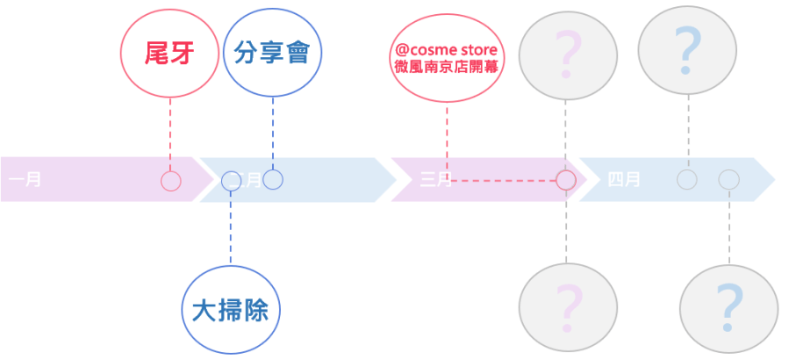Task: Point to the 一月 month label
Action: coord(25,180)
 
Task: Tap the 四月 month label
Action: coord(624,180)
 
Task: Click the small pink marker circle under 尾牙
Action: coord(171,181)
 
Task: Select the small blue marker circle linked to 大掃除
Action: coord(231,181)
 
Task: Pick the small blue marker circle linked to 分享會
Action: coord(273,179)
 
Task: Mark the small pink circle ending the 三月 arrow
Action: coord(566,180)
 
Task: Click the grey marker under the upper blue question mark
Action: coord(687,180)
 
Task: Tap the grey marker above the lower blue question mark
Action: coord(728,180)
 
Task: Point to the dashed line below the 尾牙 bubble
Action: coord(169,132)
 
